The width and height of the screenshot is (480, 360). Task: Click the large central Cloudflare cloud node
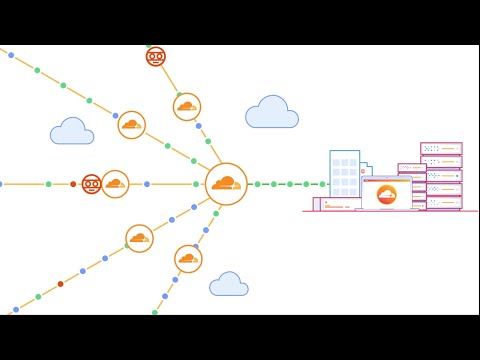(226, 184)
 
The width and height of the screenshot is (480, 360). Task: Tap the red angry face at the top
(155, 56)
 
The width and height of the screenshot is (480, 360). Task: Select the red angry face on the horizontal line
(91, 184)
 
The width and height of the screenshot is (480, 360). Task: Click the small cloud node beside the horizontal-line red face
(115, 184)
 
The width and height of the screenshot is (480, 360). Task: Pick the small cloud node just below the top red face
(187, 107)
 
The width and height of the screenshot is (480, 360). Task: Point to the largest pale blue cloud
(272, 113)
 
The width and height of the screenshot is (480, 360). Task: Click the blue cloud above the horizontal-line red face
(72, 132)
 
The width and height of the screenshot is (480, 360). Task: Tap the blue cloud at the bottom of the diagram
(229, 285)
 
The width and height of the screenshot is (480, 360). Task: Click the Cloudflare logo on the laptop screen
(387, 193)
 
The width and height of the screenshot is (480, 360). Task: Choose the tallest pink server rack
(441, 175)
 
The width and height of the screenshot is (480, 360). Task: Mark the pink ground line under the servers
(390, 211)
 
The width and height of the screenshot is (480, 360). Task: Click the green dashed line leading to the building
(289, 184)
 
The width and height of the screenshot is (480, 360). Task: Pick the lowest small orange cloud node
(188, 259)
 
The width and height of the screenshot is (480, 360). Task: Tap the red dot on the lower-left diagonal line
(60, 284)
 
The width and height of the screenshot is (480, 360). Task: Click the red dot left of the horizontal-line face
(73, 184)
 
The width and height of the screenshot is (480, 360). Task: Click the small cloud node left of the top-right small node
(131, 125)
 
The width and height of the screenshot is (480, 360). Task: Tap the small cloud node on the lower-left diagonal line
(139, 238)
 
